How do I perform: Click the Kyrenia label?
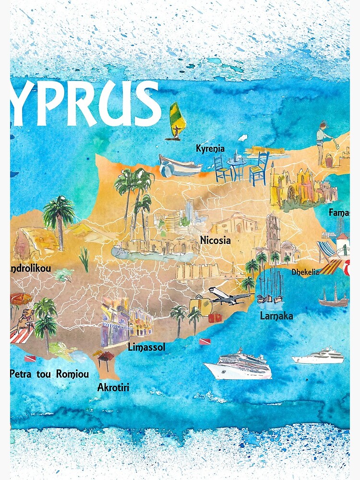click(210, 149)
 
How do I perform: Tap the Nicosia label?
click(216, 240)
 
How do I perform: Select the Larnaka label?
click(276, 316)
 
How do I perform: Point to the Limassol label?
click(146, 347)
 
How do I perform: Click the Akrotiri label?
click(113, 387)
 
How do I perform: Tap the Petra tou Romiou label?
click(49, 373)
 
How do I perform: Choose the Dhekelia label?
click(305, 272)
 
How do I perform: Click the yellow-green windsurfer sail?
click(176, 118)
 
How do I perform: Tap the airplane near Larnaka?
click(229, 297)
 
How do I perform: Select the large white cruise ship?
click(238, 366)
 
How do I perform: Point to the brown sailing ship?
click(333, 298)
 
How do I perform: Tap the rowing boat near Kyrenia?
click(181, 165)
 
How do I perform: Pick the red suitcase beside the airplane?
click(215, 318)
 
